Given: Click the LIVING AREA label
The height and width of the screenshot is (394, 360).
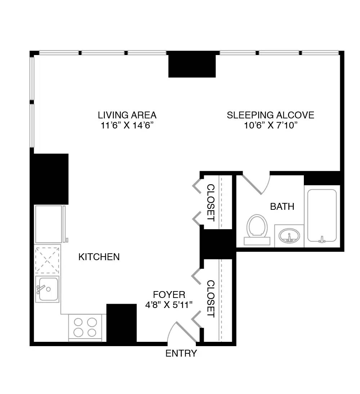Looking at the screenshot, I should [x=127, y=115].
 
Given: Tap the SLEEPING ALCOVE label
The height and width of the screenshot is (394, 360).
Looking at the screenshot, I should [x=270, y=115].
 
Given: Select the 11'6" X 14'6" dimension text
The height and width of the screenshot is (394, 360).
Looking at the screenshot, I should [x=127, y=125].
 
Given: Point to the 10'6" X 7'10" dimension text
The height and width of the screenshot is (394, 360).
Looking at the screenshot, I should [x=270, y=125].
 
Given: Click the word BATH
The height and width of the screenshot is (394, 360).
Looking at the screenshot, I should [x=282, y=207].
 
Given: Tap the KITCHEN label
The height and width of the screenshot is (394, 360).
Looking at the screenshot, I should [x=99, y=257].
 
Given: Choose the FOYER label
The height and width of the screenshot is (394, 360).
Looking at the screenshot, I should [x=169, y=295].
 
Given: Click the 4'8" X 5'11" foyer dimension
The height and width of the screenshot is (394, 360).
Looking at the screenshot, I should [x=169, y=304].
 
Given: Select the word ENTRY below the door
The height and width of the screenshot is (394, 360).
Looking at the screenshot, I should [x=181, y=353].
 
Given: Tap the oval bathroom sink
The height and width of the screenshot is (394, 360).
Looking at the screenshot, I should [x=289, y=236].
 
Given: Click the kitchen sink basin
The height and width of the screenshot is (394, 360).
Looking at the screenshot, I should [x=48, y=289].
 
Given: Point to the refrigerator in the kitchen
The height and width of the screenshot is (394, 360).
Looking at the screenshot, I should [x=49, y=224].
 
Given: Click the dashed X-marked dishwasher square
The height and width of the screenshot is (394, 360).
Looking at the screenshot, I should [x=48, y=259].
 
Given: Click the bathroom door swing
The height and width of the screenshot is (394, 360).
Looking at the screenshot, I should [x=256, y=184].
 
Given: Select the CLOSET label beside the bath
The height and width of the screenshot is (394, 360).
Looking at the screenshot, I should [x=211, y=203].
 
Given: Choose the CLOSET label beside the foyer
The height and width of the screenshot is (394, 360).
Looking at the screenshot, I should [x=211, y=299].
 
